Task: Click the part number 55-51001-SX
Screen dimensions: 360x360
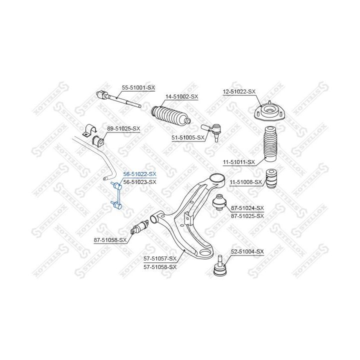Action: point(138,87)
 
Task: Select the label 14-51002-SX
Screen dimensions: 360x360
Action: point(181,96)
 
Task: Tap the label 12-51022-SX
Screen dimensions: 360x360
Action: point(239,91)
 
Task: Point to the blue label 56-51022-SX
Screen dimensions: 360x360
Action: point(139,174)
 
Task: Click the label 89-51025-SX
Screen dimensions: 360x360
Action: point(123,128)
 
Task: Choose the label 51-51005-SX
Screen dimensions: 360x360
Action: point(188,137)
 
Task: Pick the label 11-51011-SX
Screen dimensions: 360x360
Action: point(239,162)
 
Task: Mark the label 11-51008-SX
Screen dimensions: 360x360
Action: point(245,182)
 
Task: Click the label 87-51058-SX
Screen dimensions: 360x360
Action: point(110,240)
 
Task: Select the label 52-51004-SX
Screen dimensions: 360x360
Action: point(247,251)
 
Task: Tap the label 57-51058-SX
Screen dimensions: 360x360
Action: point(160,267)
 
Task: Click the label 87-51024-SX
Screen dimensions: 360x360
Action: point(247,208)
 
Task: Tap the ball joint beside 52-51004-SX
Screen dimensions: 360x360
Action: point(220,266)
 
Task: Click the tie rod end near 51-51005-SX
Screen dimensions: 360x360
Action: point(211,131)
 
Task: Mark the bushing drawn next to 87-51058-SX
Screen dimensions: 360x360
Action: point(139,227)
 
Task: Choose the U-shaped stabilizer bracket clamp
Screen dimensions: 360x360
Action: point(89,130)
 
